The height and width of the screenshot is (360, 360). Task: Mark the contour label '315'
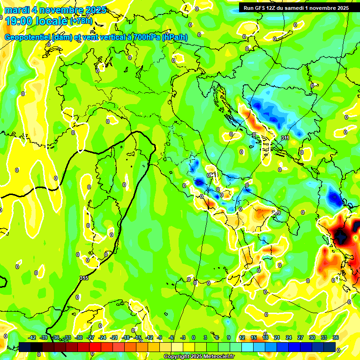84,278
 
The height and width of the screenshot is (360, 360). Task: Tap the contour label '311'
285,138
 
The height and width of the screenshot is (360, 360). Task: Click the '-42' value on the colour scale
32,337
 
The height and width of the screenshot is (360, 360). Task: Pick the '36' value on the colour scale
336,337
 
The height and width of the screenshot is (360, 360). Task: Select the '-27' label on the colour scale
90,337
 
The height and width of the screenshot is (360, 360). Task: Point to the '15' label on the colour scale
254,337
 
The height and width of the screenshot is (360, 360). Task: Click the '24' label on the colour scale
289,337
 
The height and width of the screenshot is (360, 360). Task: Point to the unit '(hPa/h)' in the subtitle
175,37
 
